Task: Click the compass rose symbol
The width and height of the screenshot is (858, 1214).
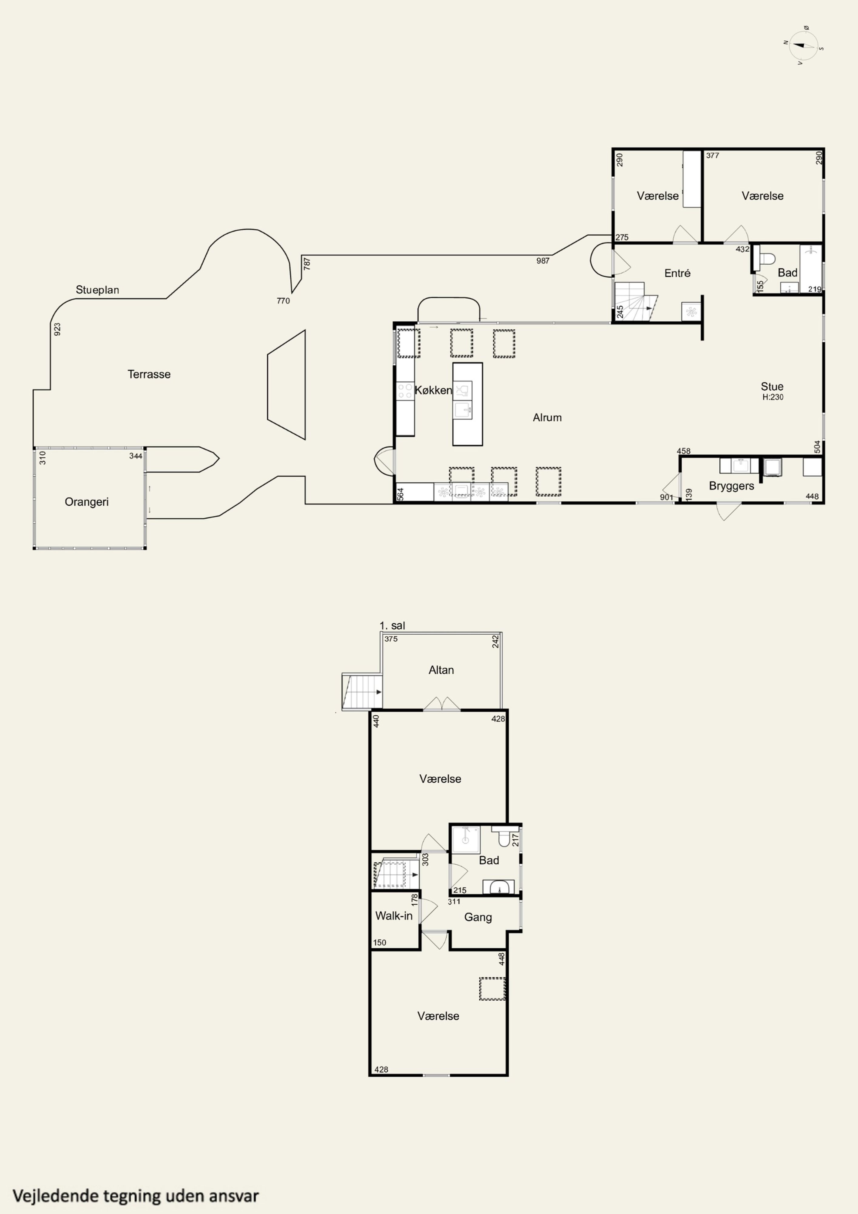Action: (804, 46)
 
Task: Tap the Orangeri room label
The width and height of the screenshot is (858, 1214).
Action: (87, 502)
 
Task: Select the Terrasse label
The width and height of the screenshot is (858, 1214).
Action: (149, 374)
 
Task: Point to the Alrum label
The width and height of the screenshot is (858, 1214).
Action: (547, 418)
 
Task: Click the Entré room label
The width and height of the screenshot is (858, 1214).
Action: (677, 273)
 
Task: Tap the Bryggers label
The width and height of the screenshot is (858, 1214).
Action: (732, 486)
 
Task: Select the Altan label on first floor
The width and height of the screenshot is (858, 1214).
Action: (441, 670)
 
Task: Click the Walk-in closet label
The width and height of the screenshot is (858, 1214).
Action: (394, 916)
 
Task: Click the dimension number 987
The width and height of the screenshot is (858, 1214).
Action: (543, 261)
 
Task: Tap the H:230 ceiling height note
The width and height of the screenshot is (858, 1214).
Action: (773, 397)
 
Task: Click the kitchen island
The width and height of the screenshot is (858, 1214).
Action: (467, 404)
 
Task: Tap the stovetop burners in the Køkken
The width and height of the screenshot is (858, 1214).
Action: (405, 391)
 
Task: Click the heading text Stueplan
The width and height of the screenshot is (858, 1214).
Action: (97, 290)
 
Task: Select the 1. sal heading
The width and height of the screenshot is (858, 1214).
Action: (392, 626)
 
